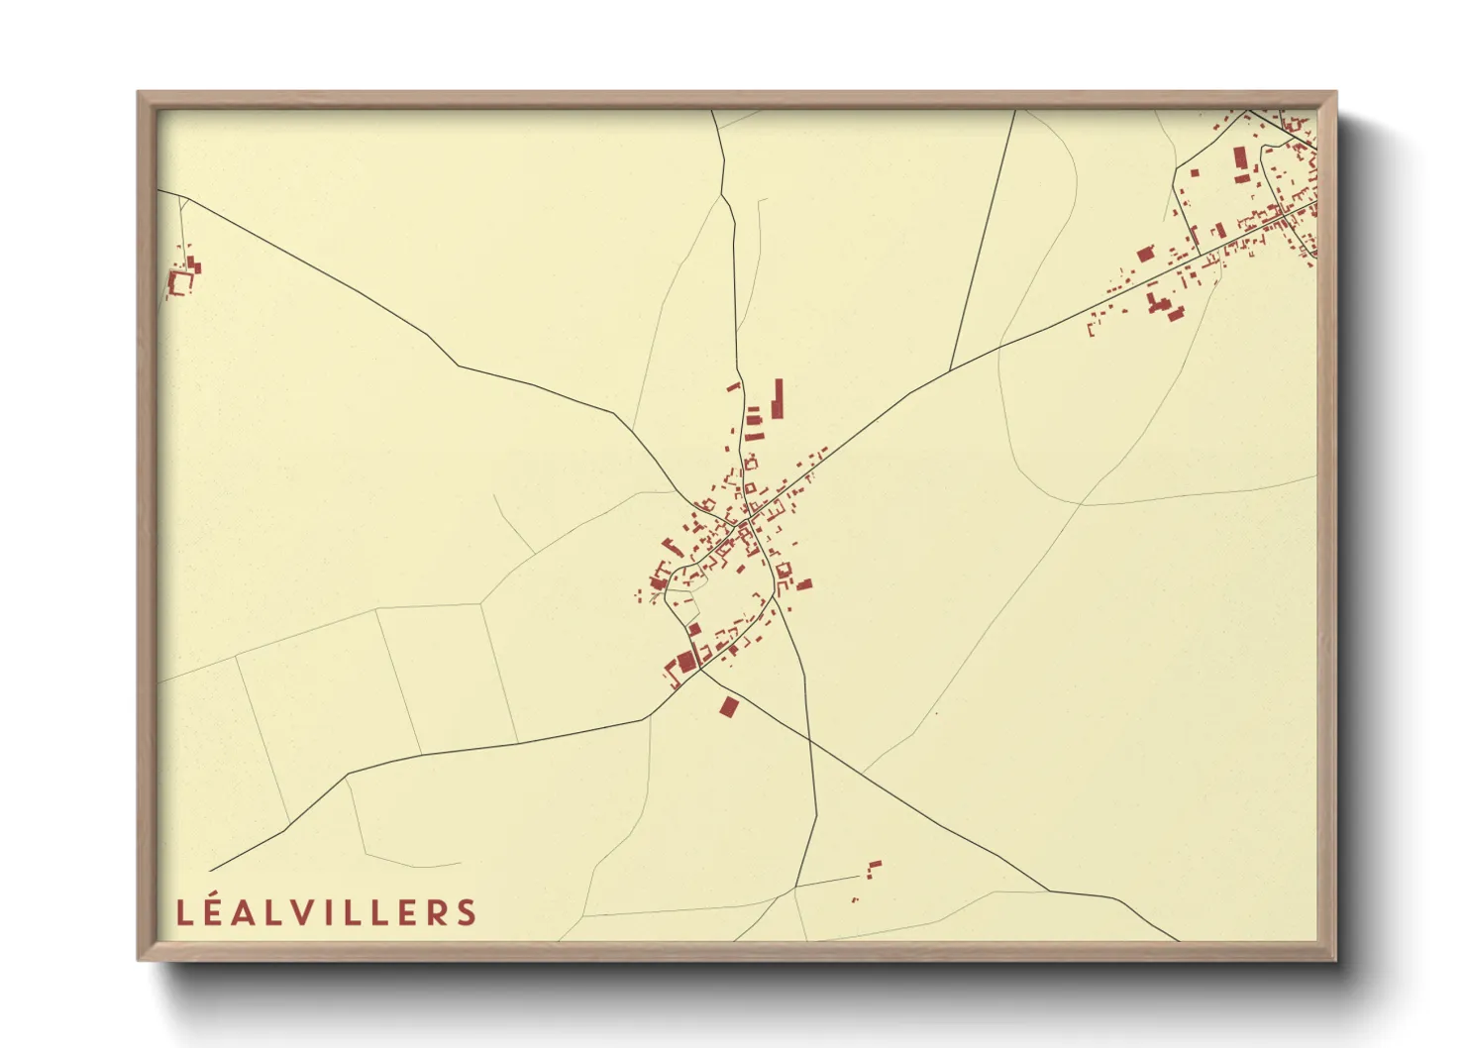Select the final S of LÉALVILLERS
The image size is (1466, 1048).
[466, 912]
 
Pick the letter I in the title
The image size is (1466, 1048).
[330, 912]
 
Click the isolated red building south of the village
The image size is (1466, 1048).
[730, 706]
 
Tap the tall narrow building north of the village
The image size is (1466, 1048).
[779, 398]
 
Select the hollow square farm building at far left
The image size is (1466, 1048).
[180, 282]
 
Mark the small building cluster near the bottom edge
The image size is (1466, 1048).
[873, 869]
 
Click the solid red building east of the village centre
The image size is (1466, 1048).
[804, 584]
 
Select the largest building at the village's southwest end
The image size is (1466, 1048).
[685, 661]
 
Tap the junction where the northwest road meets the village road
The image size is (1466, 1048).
[680, 479]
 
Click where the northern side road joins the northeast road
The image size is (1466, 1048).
[951, 370]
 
